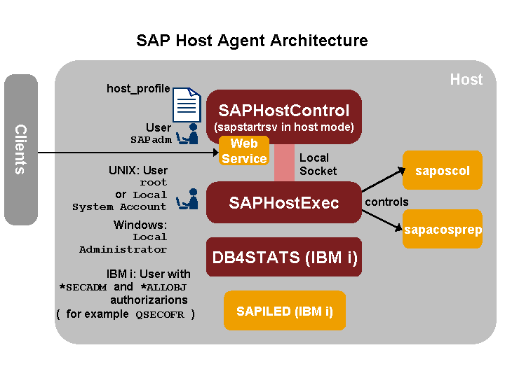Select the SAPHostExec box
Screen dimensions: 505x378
pos(284,202)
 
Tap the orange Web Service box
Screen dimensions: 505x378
pos(244,150)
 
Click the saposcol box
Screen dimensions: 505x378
pos(443,170)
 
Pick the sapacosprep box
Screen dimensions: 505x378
pos(443,229)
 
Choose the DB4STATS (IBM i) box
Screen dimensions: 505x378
pos(284,257)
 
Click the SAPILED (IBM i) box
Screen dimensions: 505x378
pos(285,311)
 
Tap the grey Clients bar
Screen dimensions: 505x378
pos(21,150)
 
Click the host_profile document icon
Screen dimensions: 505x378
pos(187,105)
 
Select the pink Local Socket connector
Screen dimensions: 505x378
pos(284,162)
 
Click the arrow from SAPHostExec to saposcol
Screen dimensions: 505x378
pos(383,180)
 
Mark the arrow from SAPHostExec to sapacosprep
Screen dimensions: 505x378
pos(382,220)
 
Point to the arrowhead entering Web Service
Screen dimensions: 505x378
pos(216,153)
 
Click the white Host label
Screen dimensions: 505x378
pos(466,80)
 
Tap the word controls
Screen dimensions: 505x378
pos(386,202)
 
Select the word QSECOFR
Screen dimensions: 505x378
pos(160,314)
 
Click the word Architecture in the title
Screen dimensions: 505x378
pos(318,41)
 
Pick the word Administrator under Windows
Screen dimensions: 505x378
pos(123,249)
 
